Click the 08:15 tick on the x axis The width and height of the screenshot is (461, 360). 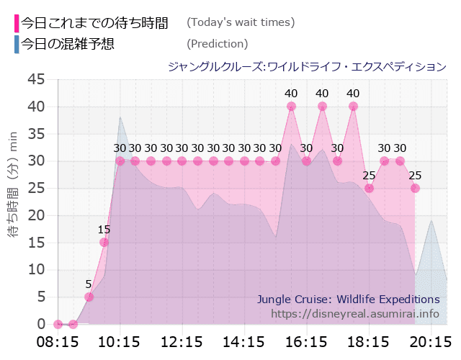point(58,341)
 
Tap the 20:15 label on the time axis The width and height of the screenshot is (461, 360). point(431,341)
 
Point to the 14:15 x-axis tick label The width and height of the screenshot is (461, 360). point(244,341)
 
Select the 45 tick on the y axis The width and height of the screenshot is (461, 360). point(36,79)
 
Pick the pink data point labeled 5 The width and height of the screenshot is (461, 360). point(89,297)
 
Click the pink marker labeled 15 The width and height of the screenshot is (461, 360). point(104,242)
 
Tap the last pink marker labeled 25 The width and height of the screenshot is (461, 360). point(415,188)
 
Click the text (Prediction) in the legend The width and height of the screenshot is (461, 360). point(217,44)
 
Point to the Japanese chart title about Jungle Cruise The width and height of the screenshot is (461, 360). point(307,67)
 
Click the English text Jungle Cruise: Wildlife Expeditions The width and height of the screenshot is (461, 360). point(348,299)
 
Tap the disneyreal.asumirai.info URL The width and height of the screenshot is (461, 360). point(355,313)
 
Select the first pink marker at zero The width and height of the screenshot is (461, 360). point(58,324)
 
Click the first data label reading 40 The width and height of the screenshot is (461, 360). point(291,93)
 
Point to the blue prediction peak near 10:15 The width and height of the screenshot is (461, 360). point(120,117)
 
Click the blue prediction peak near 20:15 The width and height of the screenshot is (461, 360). point(431,220)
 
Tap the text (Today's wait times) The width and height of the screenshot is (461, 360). point(241,22)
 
